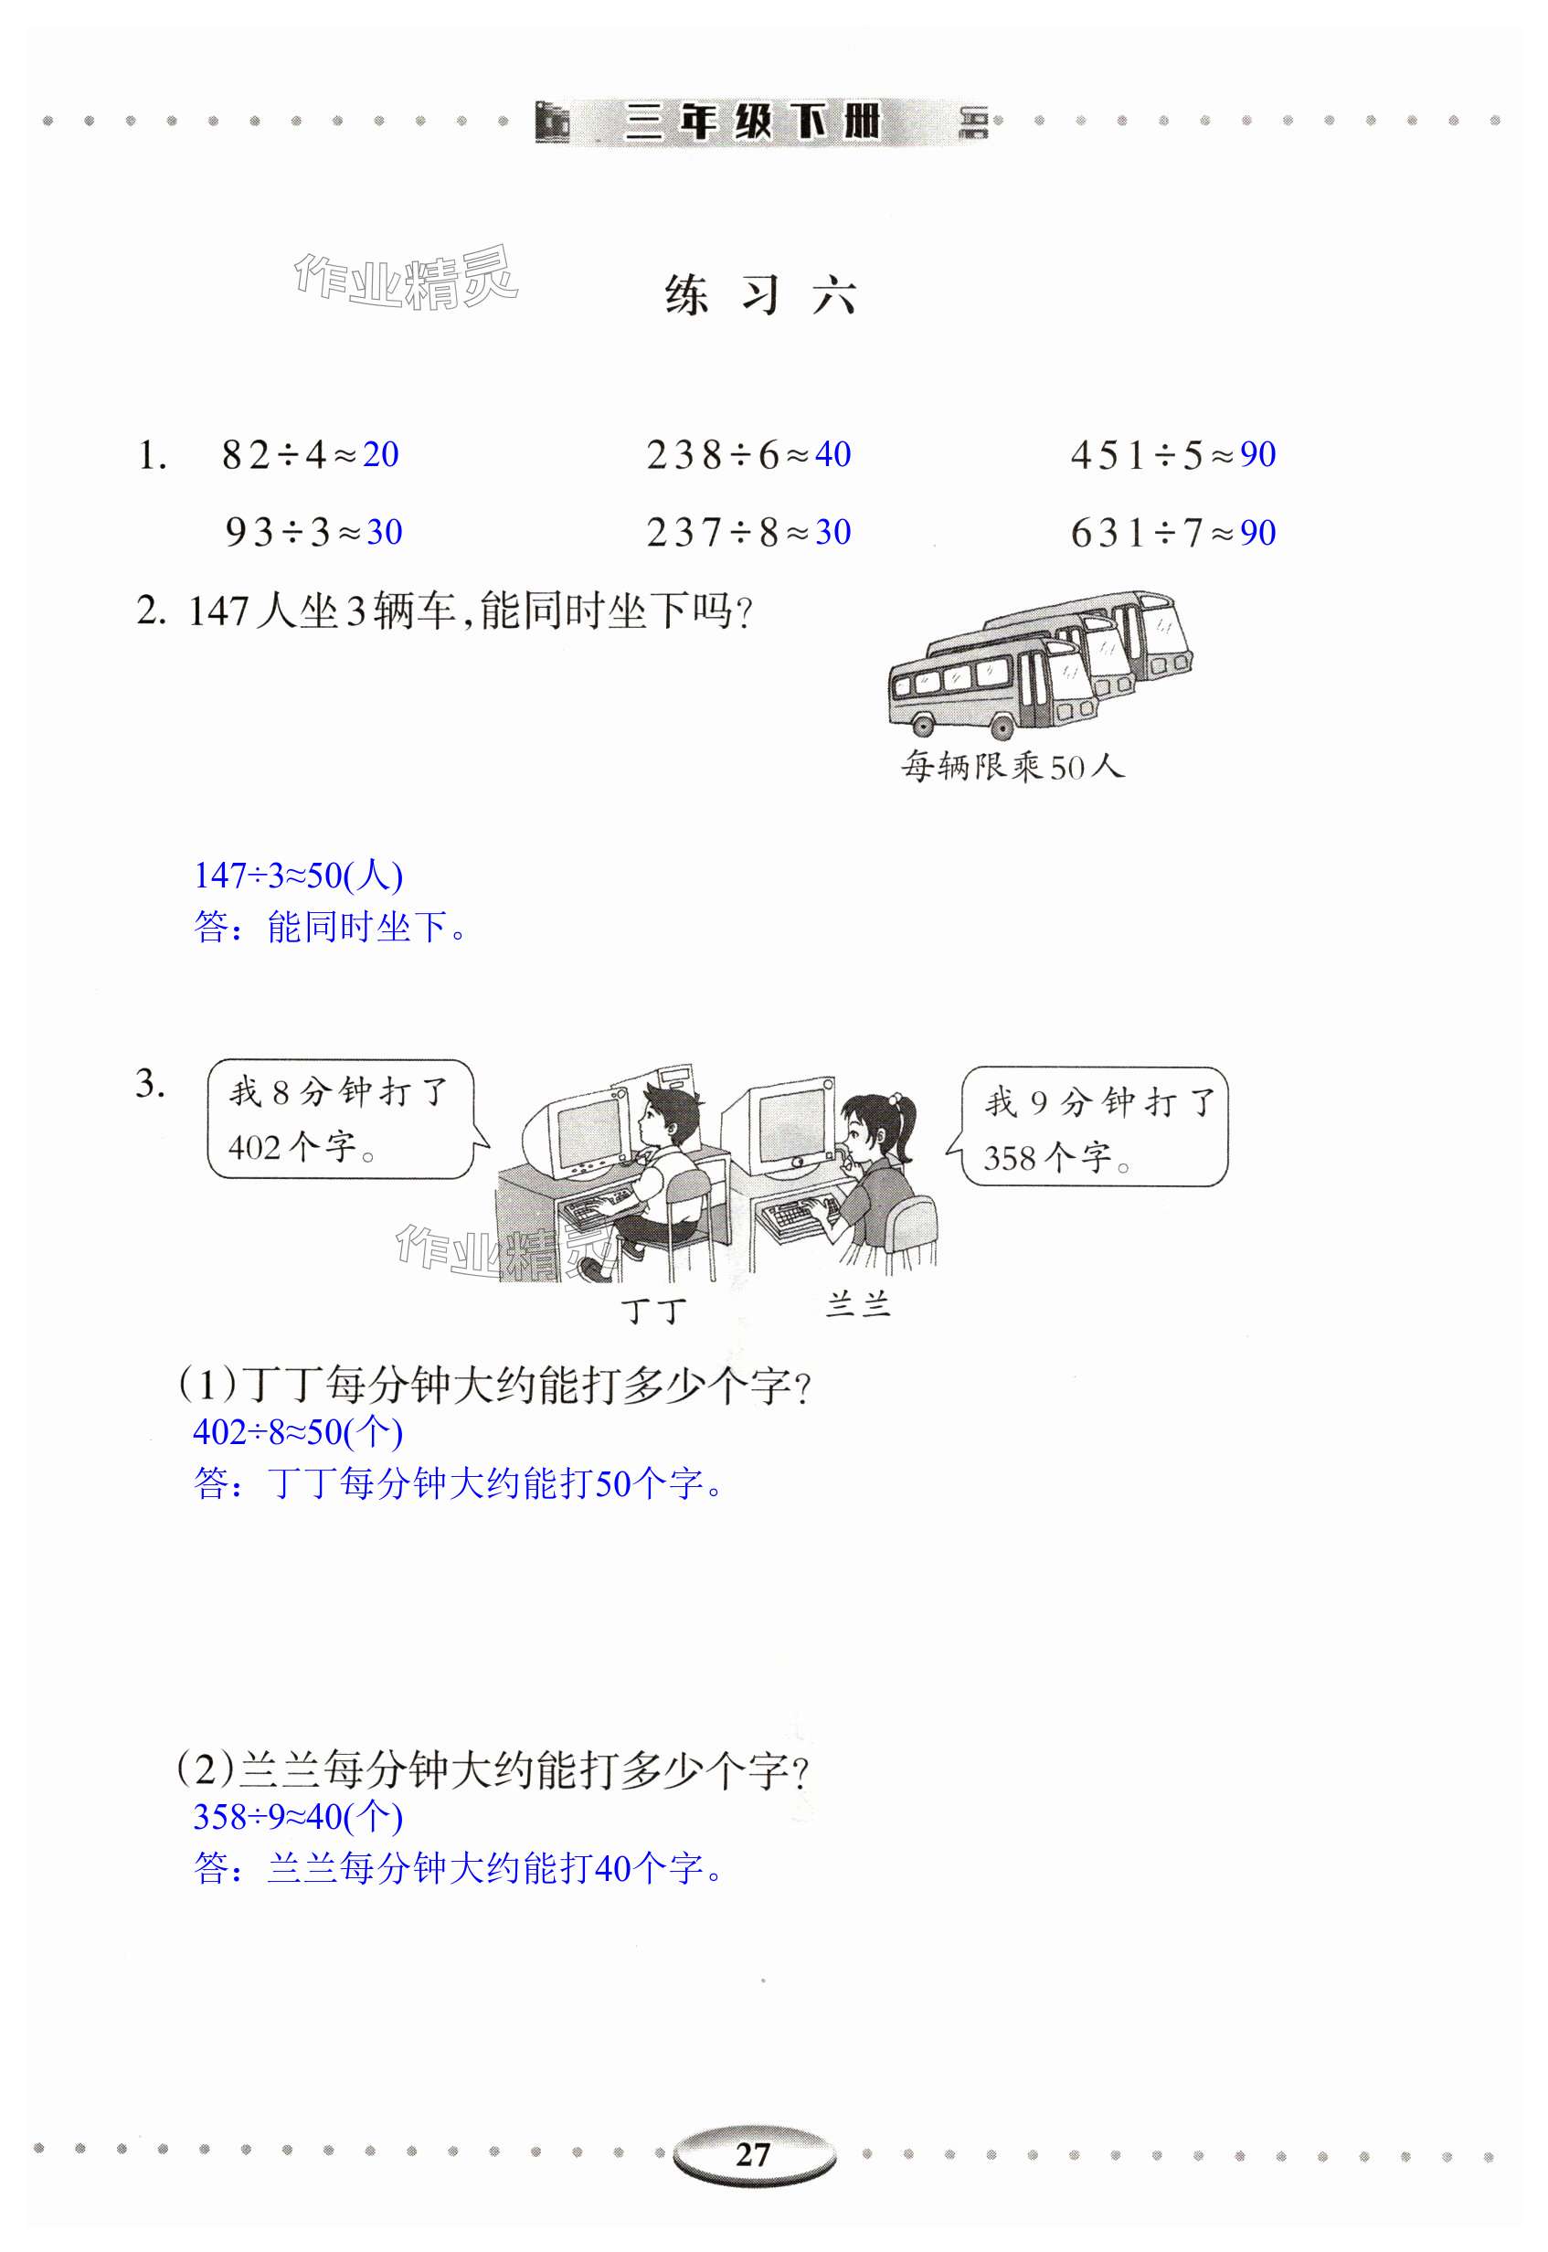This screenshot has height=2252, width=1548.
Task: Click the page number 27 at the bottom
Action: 753,2155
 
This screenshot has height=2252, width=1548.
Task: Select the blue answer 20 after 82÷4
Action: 381,454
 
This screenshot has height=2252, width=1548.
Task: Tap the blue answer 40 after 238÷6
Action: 833,454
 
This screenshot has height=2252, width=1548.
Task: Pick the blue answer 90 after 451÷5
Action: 1258,454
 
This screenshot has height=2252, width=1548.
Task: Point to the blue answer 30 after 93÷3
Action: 385,532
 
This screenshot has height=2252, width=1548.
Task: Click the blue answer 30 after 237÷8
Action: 833,532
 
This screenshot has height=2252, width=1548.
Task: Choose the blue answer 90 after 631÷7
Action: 1258,533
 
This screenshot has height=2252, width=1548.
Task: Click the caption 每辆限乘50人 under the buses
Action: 1013,766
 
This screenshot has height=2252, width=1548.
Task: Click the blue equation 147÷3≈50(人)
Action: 299,876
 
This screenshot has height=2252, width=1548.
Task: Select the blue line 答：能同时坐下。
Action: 331,927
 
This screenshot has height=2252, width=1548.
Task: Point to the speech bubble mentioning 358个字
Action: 1089,1127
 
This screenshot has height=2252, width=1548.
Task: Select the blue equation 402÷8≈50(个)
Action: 299,1431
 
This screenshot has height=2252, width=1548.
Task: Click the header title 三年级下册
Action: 754,122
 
